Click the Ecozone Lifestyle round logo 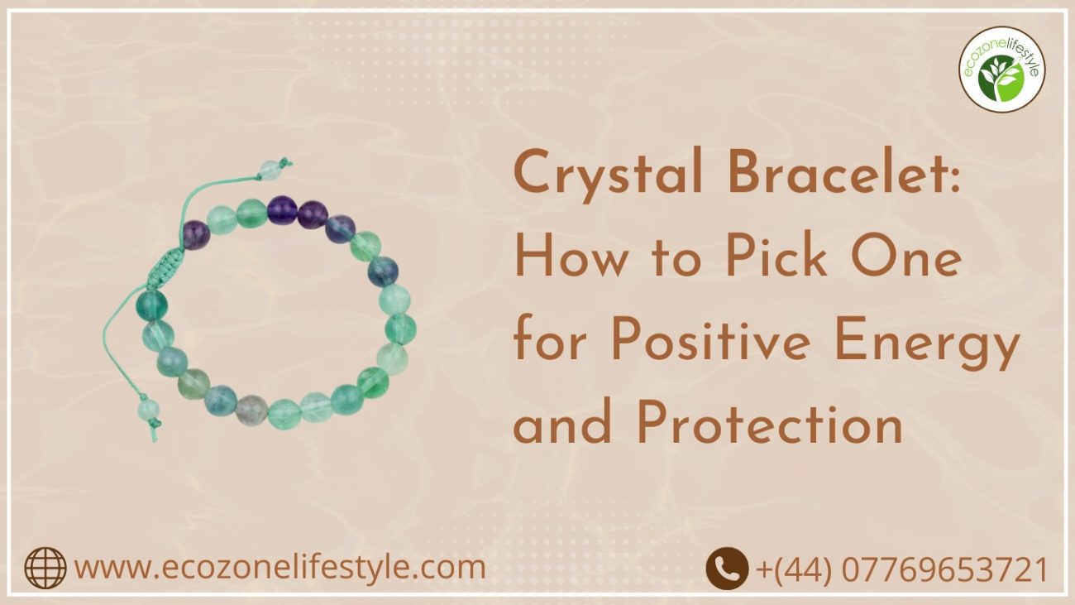pos(1001,69)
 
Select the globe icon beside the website pos(45,569)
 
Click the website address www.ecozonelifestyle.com pos(279,569)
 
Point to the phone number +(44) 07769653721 pos(901,569)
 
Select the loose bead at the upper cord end pos(269,169)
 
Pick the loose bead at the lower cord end pos(148,410)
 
